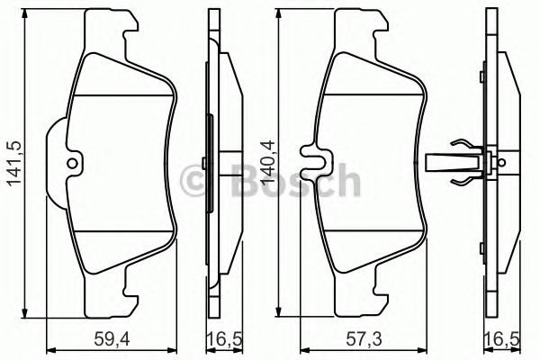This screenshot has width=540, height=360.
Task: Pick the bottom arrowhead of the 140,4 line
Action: point(279,312)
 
